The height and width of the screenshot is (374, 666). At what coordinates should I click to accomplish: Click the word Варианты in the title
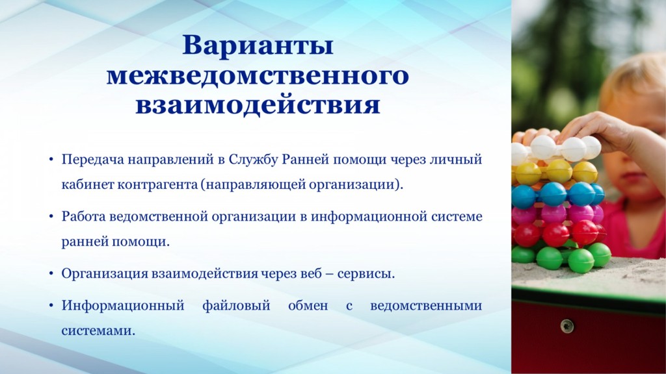[x=258, y=45]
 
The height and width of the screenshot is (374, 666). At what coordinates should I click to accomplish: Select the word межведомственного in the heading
[x=258, y=75]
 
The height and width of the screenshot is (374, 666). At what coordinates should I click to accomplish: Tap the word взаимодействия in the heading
[x=258, y=105]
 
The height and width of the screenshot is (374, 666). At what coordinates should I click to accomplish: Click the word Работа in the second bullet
[x=83, y=216]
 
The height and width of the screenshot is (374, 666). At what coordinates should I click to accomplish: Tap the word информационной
[x=369, y=216]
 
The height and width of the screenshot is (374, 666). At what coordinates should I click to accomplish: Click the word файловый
[x=236, y=305]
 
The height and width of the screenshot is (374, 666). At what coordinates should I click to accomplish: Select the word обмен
[x=308, y=305]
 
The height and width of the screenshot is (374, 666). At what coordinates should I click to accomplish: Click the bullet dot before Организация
[x=51, y=274]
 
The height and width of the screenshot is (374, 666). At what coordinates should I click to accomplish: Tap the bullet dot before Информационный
[x=51, y=306]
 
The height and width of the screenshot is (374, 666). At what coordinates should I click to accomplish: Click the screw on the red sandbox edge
[x=567, y=326]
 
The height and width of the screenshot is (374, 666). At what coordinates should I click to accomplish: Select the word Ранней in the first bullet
[x=306, y=160]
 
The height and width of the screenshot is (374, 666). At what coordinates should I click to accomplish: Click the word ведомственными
[x=426, y=305]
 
